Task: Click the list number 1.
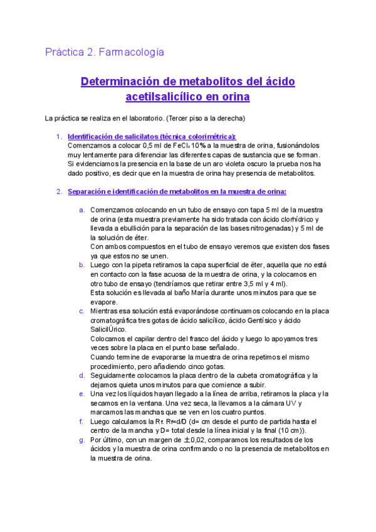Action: coord(59,136)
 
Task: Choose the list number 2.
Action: coord(59,191)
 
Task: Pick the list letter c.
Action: coord(81,311)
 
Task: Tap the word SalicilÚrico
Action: coord(108,329)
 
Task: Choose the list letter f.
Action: coord(81,422)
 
